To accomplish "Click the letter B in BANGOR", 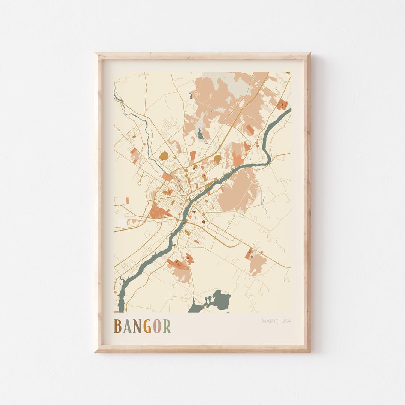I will [117, 326].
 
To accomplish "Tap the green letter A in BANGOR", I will [127, 326].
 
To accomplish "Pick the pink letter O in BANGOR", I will [157, 326].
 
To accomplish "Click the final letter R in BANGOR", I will [166, 326].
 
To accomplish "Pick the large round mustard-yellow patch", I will [163, 156].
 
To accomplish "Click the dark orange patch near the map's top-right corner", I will [282, 104].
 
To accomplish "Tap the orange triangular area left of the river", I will [159, 212].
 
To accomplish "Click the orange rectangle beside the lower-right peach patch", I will [249, 253].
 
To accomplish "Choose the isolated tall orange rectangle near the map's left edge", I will [127, 201].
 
